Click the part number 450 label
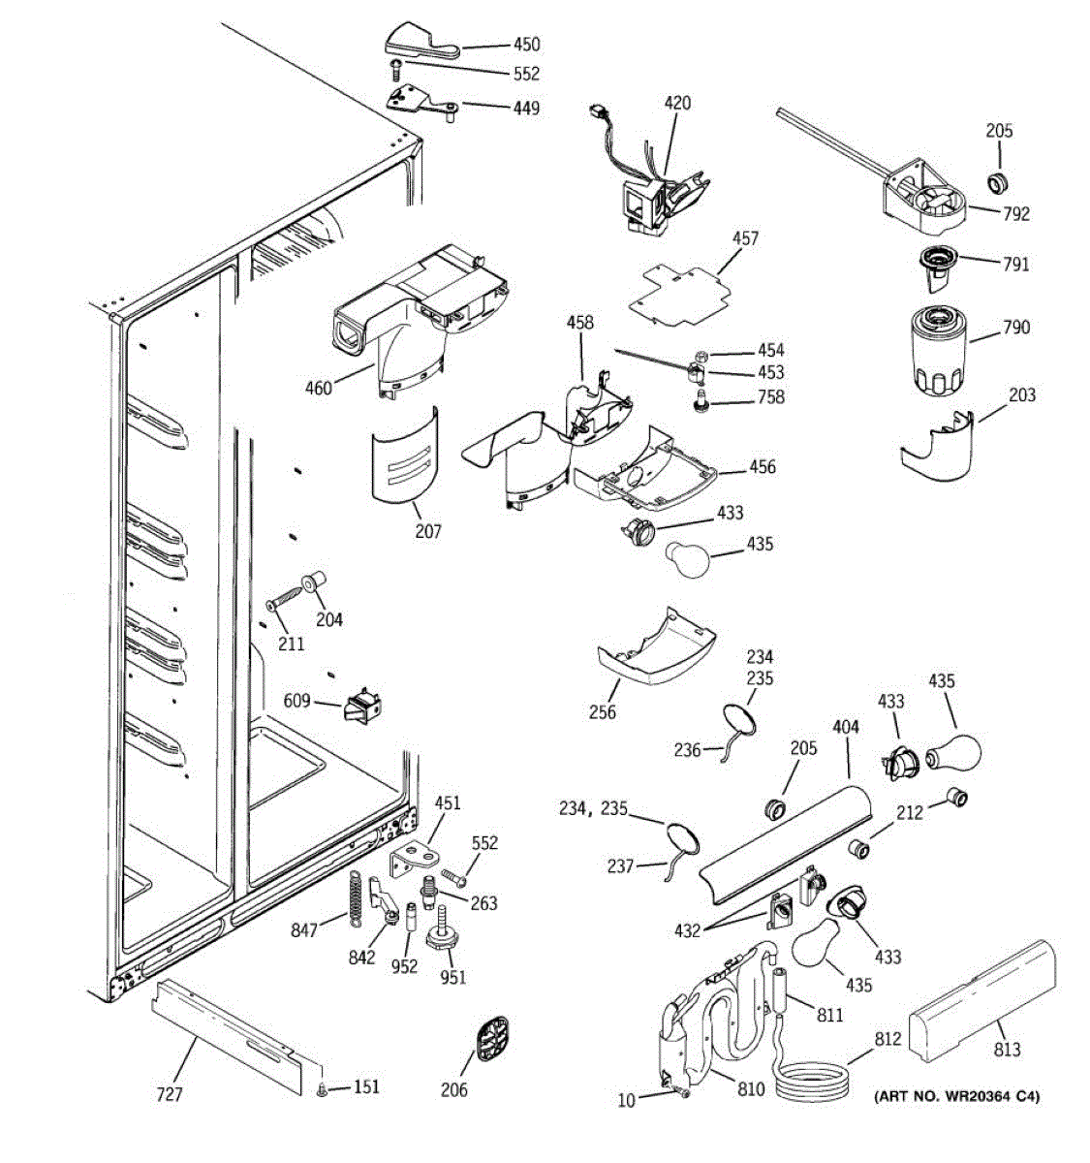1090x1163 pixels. tap(527, 45)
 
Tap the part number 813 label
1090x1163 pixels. tap(1008, 1049)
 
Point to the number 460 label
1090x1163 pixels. tap(318, 389)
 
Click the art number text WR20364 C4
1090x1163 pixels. tap(956, 1097)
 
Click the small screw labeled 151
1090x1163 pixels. tap(323, 1091)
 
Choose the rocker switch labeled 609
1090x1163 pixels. tap(361, 707)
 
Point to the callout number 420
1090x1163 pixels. tap(677, 103)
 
